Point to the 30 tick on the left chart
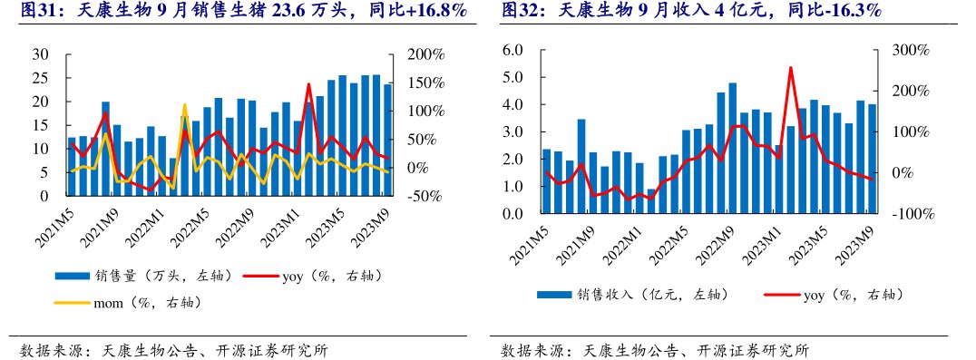(x=41, y=54)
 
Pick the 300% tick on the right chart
(x=910, y=50)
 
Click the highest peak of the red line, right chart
(x=790, y=68)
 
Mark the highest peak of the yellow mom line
(x=184, y=105)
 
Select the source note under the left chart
(x=173, y=350)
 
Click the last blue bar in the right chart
(x=873, y=159)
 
